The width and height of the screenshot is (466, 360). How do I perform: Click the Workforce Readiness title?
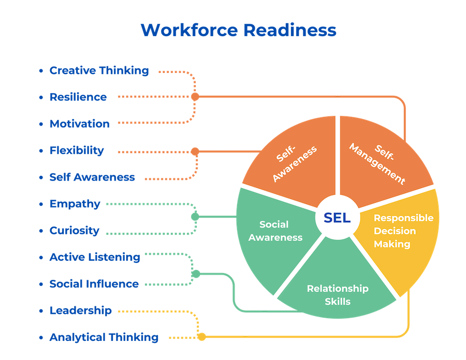point(238,30)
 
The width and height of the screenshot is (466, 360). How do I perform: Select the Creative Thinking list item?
point(99,70)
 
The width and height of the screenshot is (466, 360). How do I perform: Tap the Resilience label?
point(78,97)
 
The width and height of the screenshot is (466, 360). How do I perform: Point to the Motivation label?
point(80,124)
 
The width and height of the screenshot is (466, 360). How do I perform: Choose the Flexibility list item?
point(77,151)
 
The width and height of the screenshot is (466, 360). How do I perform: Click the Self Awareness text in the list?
point(92,177)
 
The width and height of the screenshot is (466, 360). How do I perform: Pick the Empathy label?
point(75,204)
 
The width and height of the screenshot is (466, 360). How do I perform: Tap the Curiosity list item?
point(74,231)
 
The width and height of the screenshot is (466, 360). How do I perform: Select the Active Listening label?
point(95,257)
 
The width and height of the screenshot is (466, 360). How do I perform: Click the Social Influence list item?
point(94,284)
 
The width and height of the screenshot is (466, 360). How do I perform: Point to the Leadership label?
point(80,310)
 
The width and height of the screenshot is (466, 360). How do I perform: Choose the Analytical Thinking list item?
point(104,337)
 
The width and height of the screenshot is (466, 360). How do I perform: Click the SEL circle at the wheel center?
point(337,218)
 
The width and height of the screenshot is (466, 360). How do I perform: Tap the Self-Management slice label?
point(377,163)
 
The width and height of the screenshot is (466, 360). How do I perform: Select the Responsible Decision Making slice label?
point(403,231)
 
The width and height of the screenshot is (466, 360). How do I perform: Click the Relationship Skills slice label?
point(337,295)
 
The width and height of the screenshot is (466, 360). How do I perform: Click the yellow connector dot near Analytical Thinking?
point(202,337)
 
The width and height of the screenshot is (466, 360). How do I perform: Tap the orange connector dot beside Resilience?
point(195,97)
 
